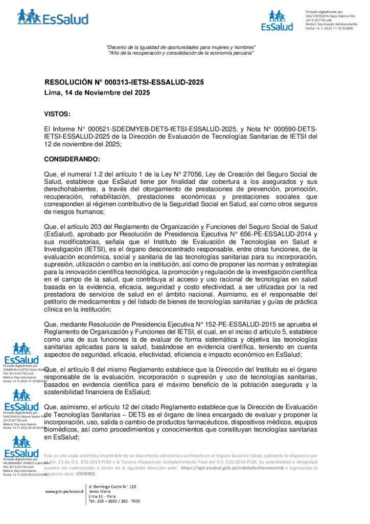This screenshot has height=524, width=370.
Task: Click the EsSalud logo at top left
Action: (53, 17)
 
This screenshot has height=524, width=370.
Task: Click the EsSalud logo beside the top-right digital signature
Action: (277, 20)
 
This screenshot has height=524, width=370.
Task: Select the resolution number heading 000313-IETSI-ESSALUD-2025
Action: (124, 82)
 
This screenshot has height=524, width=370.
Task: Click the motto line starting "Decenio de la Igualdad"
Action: (180, 48)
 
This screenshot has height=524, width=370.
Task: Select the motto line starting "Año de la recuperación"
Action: (180, 53)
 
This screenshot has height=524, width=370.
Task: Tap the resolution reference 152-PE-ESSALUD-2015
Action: (241, 324)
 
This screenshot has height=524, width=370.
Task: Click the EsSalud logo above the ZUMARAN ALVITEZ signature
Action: (21, 354)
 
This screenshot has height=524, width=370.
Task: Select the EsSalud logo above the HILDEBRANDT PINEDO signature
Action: (21, 446)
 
